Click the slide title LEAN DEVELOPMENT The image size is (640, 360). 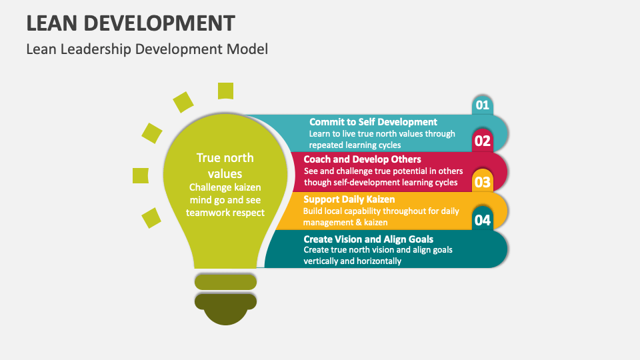[x=131, y=23]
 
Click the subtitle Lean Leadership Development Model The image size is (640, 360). [x=147, y=49]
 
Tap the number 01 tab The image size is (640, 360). [x=483, y=105]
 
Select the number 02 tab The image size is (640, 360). [x=483, y=141]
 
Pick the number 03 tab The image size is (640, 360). [x=483, y=181]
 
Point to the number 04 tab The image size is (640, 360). [x=483, y=219]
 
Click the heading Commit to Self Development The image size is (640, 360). [x=373, y=122]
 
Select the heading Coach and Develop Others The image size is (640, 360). [x=362, y=159]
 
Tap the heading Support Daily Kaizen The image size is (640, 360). [x=349, y=199]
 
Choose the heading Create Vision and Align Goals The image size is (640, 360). [x=368, y=239]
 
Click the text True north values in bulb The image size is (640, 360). [x=225, y=166]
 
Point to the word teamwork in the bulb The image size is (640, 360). [x=205, y=213]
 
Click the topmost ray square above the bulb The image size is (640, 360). [x=225, y=91]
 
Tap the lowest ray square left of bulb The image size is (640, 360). [x=151, y=217]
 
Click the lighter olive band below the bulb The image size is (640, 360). [x=225, y=282]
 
